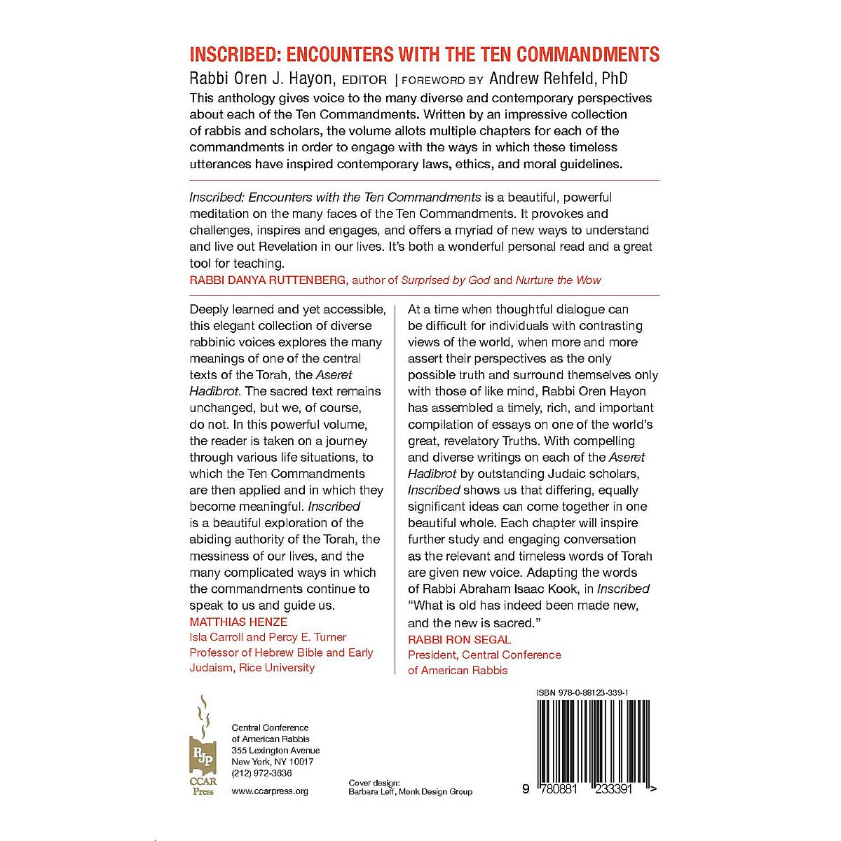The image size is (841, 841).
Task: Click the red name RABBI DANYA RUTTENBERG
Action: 268,280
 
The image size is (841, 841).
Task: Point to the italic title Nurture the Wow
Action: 559,280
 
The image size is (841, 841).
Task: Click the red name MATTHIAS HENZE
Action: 238,622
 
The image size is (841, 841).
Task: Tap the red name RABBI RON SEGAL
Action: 460,639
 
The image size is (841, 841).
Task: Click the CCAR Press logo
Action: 203,746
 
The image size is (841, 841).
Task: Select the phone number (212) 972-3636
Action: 261,773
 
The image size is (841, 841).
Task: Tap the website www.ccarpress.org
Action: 270,791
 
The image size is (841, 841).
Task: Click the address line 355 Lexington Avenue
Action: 275,751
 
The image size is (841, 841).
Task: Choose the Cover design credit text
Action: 410,787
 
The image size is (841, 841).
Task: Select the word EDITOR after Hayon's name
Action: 360,80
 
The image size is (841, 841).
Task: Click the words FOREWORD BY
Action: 439,80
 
